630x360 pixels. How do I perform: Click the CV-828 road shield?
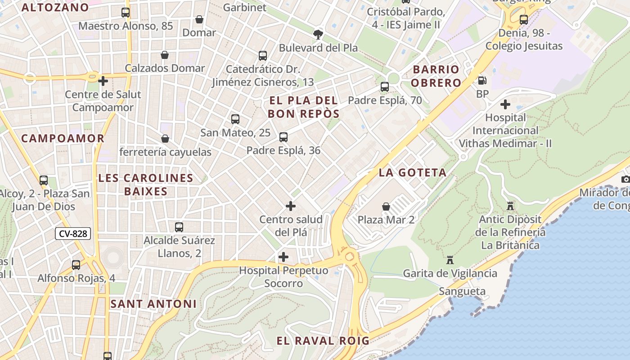[73, 234]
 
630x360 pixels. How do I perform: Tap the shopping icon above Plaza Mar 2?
[386, 207]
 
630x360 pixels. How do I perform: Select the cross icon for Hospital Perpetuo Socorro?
[283, 257]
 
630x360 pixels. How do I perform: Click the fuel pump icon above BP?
[482, 81]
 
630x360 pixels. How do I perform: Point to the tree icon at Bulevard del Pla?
[318, 34]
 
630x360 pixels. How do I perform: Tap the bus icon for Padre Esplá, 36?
[283, 137]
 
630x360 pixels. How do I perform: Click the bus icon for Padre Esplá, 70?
[385, 87]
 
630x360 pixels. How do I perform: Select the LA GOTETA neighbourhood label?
[413, 173]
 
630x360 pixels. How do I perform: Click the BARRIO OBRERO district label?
[436, 76]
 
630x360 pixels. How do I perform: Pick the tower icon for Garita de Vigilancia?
[449, 260]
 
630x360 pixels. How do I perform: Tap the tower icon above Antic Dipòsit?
[510, 206]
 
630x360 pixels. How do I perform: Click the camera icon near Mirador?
[625, 179]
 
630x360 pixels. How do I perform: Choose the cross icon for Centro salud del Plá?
[291, 206]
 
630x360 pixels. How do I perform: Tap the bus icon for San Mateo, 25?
[235, 119]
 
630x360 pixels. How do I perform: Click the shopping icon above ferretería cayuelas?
[165, 139]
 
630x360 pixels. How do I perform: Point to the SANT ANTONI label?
[153, 304]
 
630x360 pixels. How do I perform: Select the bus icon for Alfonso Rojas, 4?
[76, 265]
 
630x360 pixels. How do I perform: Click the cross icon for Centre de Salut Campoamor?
[103, 81]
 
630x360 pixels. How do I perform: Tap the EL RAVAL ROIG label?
[323, 341]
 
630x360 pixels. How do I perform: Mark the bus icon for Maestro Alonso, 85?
[126, 13]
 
